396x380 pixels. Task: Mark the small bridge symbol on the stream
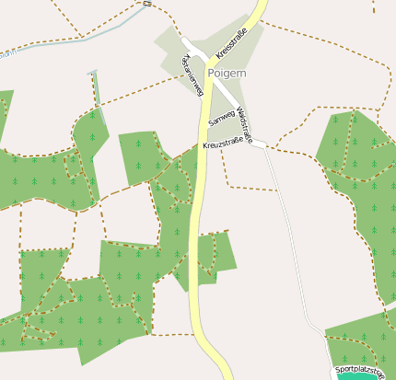coord(147,4)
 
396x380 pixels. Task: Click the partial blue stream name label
coord(7,53)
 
